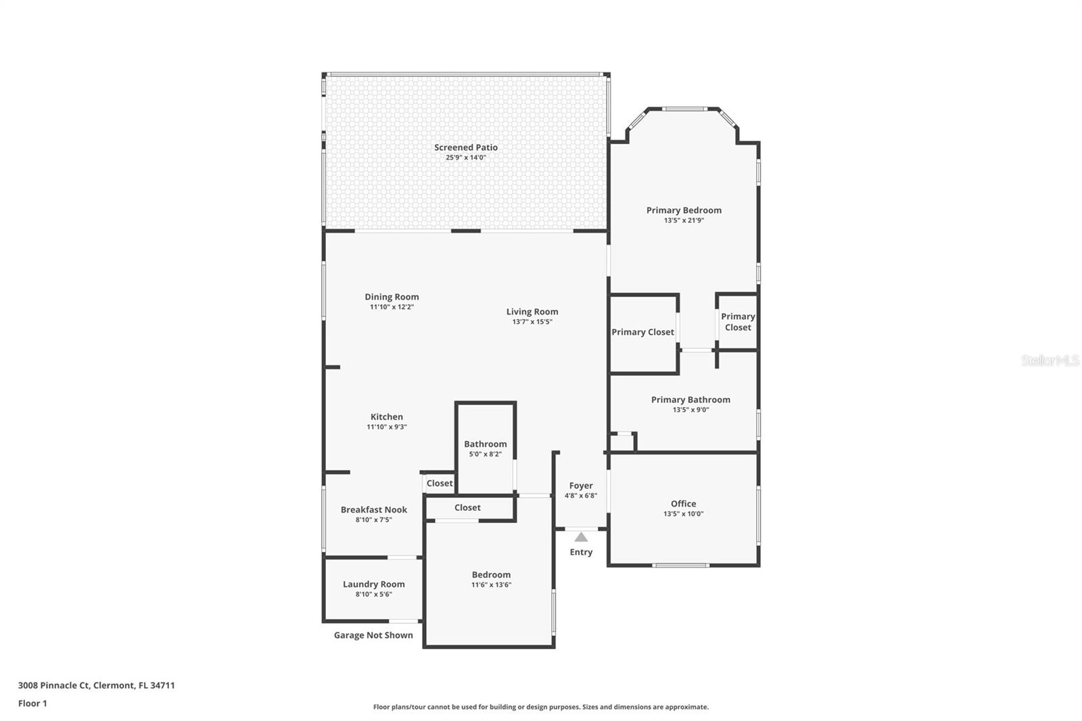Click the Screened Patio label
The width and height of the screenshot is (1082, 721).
[466, 147]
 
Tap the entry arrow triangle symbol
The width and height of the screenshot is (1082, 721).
[581, 537]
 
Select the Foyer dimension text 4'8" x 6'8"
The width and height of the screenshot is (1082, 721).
[581, 496]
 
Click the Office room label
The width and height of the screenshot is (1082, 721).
[683, 504]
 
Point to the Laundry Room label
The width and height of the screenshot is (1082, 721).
[373, 584]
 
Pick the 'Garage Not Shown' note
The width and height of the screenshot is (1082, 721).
[373, 635]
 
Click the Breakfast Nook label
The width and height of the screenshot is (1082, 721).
[373, 510]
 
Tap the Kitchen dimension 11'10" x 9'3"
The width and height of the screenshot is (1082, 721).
[387, 427]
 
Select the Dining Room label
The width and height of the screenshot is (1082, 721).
[392, 297]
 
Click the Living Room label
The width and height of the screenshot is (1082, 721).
[532, 312]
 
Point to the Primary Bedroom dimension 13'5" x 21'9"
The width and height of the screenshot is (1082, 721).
[684, 220]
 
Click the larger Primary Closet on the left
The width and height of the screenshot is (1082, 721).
[642, 332]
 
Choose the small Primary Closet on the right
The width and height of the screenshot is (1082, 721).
[737, 322]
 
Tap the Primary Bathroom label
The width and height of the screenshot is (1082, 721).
[690, 400]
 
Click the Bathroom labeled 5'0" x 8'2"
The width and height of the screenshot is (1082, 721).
[485, 444]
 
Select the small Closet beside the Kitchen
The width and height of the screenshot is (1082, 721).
[440, 483]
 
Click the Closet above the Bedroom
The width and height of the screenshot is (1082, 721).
[467, 507]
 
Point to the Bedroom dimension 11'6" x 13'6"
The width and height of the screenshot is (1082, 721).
[491, 585]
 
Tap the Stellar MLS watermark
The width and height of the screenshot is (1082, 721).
[1050, 360]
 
